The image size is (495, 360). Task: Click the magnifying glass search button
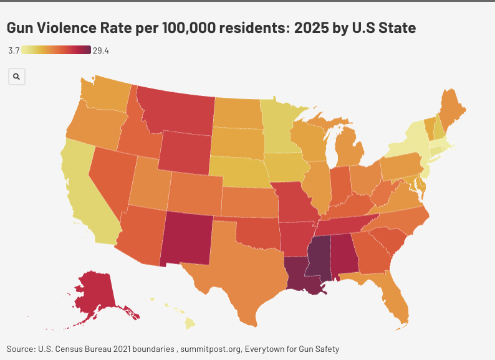point(17,77)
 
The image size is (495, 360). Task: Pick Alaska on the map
point(94,293)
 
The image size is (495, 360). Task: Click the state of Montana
point(178,112)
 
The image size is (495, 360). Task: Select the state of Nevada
point(112,178)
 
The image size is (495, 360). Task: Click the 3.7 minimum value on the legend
point(14,50)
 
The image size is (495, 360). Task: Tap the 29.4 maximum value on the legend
point(101,50)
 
